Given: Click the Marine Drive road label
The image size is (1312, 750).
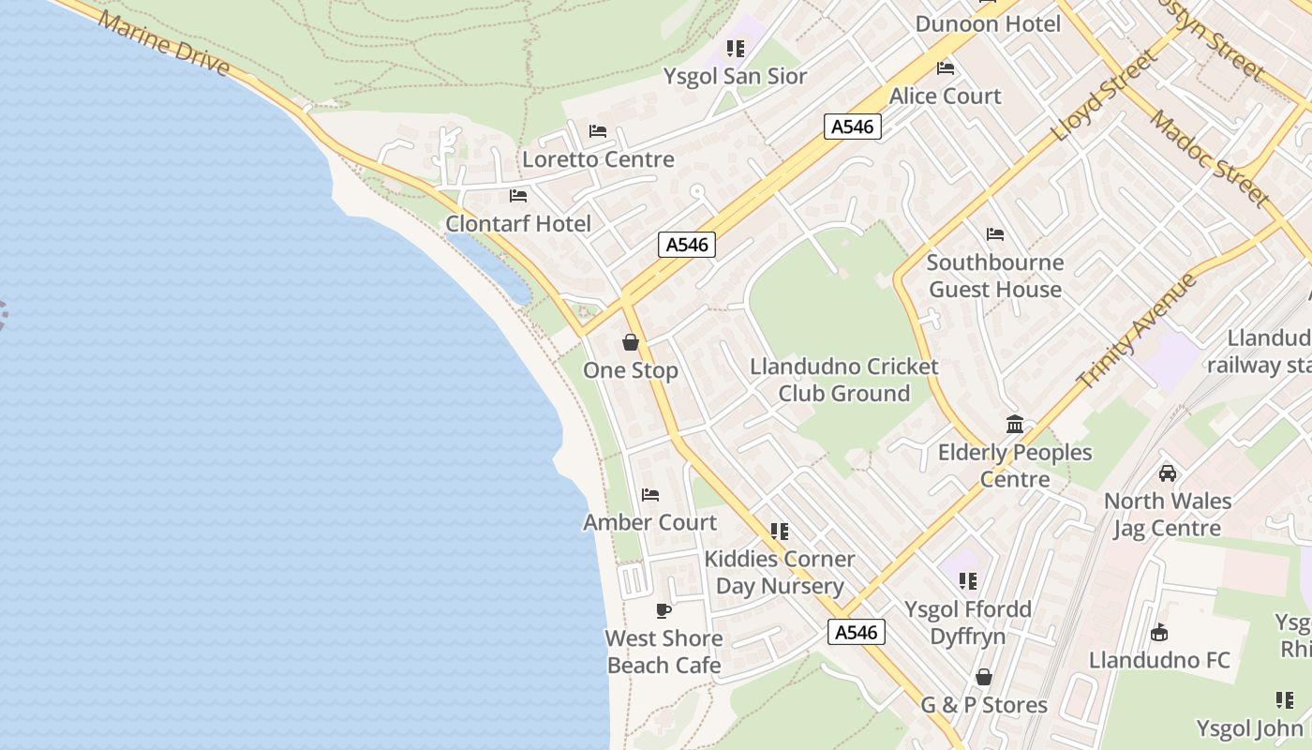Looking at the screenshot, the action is coord(163,43).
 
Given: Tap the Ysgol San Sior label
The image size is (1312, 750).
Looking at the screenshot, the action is coord(735,76).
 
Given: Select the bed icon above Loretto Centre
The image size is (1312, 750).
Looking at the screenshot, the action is coord(598,131).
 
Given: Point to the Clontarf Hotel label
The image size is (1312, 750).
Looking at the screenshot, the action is coord(518,223).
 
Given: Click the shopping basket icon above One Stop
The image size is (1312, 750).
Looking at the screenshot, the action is coord(631,342).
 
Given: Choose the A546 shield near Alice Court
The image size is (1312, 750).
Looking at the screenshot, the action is coord(853,127).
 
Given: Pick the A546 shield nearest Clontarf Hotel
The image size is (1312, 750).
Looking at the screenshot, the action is coord(687,245).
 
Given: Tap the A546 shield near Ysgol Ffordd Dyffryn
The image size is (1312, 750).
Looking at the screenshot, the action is coord(857,632).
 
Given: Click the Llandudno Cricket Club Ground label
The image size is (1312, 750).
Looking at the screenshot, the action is coord(844,380).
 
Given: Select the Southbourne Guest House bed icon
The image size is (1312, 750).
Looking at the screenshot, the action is coord(995,234).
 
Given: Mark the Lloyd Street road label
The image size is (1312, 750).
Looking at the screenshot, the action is coord(1104,96).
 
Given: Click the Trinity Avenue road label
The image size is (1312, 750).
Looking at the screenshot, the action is coord(1138,331).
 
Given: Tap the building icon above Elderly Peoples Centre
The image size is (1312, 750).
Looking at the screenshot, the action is coord(1015,425).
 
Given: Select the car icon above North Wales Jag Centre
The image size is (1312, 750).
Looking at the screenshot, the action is coord(1168,473).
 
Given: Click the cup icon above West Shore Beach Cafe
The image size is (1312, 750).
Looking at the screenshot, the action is coord(663,611).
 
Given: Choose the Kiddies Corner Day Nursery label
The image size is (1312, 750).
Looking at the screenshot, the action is coord(780,572).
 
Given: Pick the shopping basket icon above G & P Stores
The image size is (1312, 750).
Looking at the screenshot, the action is coord(984,677).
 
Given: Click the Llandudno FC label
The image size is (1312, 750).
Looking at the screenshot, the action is coord(1159,660).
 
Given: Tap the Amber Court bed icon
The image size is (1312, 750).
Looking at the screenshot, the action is coord(650,495).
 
